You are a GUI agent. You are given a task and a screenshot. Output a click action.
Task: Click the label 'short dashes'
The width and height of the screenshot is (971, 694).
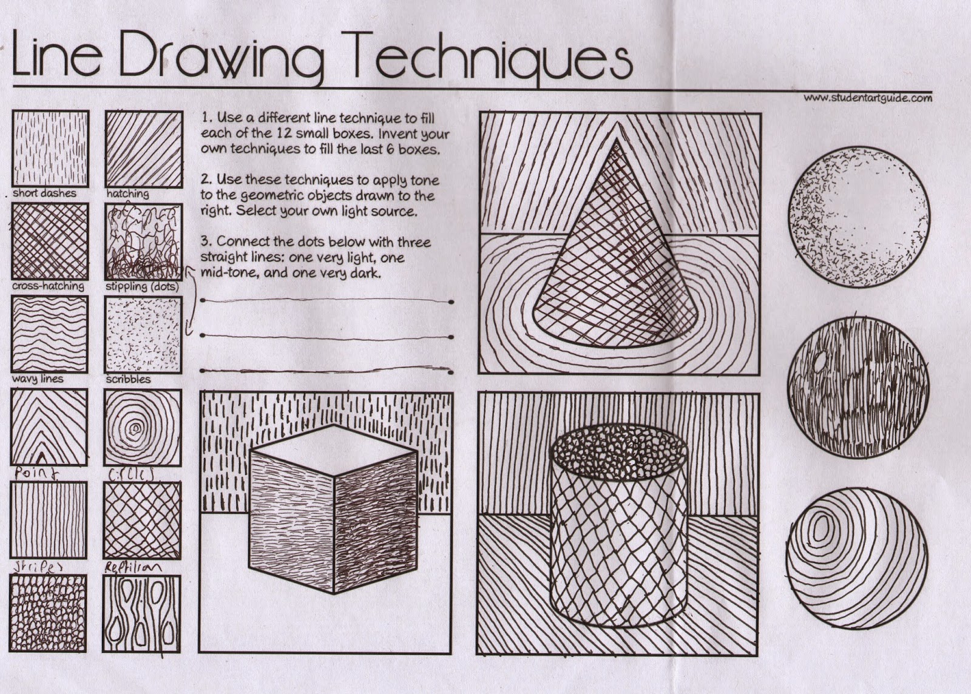point(44,193)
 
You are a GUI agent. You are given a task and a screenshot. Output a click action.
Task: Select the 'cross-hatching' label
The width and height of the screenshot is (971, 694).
point(48,286)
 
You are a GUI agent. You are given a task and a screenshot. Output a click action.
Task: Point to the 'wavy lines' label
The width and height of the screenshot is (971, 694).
point(37,379)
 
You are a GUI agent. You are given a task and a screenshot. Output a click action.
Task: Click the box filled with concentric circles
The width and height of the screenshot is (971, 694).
point(143,427)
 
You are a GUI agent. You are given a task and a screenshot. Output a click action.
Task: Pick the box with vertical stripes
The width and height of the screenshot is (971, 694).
point(49,520)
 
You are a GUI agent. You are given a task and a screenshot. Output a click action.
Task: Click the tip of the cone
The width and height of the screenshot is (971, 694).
point(617,141)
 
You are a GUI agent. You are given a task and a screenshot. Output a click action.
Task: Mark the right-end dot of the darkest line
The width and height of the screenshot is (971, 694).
point(450,371)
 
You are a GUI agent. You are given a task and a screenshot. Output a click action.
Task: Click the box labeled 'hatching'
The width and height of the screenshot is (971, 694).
point(144,149)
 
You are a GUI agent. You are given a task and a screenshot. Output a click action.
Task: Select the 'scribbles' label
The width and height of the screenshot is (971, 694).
point(128,379)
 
